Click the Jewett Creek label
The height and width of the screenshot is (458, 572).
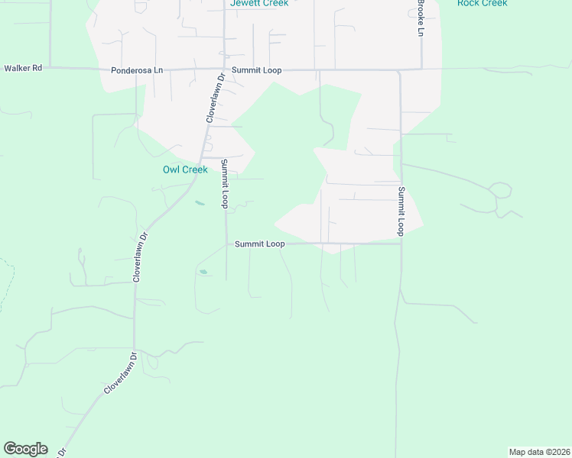[259, 3]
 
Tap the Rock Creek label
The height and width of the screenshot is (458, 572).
[482, 3]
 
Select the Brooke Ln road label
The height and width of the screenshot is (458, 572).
[420, 21]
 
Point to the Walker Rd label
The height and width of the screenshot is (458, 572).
[23, 68]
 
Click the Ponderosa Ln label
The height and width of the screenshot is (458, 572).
[137, 70]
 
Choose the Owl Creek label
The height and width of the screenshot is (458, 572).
[185, 169]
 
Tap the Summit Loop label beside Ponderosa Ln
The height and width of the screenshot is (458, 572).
[258, 70]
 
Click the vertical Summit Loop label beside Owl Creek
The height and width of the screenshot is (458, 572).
[225, 184]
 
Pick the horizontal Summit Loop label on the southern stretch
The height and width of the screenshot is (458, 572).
[259, 244]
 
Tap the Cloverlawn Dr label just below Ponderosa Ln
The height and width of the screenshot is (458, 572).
[213, 98]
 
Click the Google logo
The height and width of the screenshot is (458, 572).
[25, 449]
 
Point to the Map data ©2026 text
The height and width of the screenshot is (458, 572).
[539, 452]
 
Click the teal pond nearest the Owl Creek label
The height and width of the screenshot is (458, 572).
[200, 203]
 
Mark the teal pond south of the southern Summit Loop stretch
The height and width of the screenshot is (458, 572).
[203, 272]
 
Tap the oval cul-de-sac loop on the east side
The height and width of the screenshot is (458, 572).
[500, 190]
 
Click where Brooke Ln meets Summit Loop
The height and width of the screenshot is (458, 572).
[421, 69]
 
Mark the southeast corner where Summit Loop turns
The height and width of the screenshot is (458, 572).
[401, 244]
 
